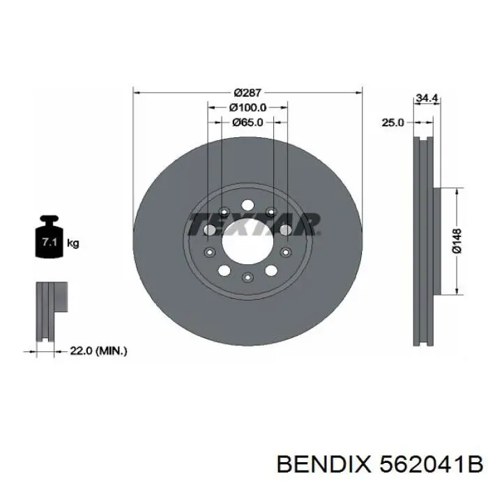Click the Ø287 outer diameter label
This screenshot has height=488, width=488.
247,92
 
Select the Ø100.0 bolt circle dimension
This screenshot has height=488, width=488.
247,107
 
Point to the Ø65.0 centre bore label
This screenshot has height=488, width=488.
247,123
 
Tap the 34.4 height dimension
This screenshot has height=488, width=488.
426,99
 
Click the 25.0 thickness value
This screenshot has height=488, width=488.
392,122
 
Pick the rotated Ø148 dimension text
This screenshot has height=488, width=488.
457,241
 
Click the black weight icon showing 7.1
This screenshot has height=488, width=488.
48,240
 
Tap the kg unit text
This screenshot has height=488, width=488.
73,243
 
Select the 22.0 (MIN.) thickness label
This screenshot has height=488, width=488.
99,351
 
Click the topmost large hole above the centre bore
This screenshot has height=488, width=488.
247,206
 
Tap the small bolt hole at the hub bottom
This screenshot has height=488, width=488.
247,278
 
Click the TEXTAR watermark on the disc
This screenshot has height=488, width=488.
254,224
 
